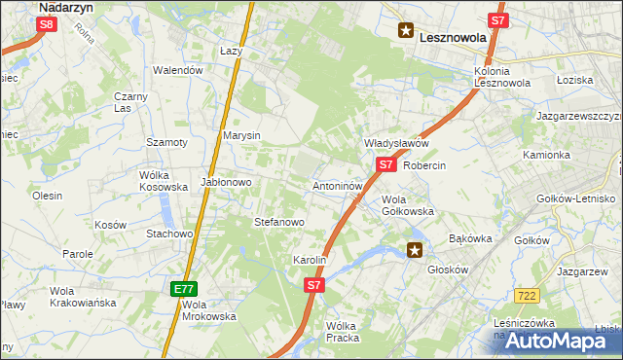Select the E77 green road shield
pos(185,289)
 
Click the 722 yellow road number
pos(528,294)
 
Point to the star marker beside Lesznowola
pos(405,31)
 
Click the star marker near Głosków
pos(415,251)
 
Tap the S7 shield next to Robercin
pos(385,165)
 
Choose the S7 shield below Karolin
pos(313,285)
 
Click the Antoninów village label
pos(338,185)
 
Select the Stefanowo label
pos(279,222)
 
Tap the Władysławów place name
pos(396,143)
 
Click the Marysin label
pos(241,135)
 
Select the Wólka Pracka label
pos(343,332)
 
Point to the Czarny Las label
pos(129,102)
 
